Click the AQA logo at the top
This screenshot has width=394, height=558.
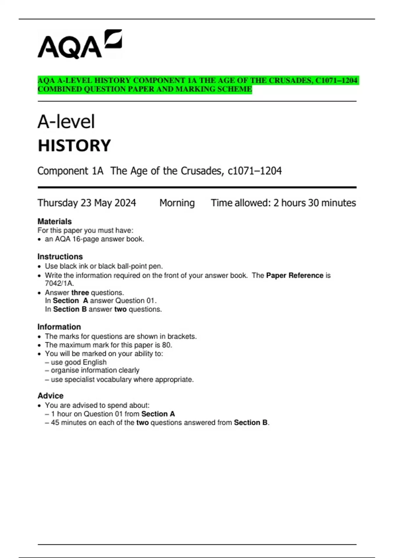(79, 45)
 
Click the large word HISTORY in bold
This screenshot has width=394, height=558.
(74, 146)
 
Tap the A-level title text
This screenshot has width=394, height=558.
(66, 122)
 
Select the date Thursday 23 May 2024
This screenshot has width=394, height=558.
(87, 203)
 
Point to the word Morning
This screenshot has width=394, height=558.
(177, 203)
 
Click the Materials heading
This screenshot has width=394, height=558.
(55, 222)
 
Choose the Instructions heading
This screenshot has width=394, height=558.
(60, 257)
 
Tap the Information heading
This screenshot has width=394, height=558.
(59, 327)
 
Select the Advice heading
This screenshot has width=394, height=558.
(51, 396)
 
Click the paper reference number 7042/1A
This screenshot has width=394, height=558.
(59, 283)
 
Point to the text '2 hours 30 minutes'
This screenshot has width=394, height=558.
(315, 203)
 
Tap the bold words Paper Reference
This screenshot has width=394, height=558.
(295, 275)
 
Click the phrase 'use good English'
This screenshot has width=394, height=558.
(79, 362)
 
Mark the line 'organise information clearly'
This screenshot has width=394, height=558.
(95, 370)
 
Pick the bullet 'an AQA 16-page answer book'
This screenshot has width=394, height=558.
(95, 239)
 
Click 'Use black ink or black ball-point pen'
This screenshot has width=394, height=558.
(104, 266)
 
